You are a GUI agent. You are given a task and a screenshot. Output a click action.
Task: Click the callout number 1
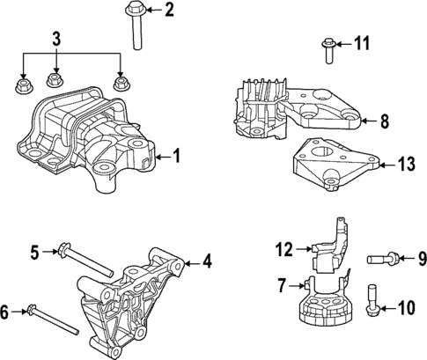click(x=176, y=158)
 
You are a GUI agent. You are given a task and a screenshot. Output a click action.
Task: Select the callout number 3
click(x=56, y=40)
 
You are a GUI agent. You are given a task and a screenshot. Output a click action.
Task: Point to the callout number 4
click(x=207, y=261)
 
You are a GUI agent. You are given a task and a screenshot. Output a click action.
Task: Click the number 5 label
click(x=35, y=253)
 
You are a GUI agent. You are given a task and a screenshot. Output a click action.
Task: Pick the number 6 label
click(x=6, y=311)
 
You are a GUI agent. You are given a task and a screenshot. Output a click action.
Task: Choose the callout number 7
click(x=282, y=283)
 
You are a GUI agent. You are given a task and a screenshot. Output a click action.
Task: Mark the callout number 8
click(x=385, y=123)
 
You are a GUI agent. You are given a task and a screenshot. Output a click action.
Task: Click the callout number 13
click(x=405, y=163)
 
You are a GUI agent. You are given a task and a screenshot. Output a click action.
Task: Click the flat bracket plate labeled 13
click(x=335, y=164)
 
